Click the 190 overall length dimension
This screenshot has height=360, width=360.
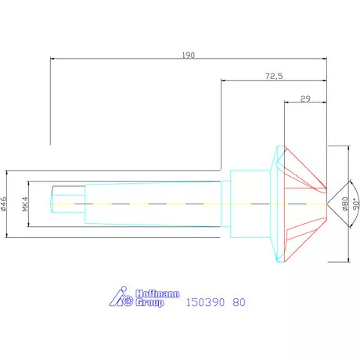click(x=188, y=56)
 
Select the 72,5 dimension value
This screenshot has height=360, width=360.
click(x=274, y=77)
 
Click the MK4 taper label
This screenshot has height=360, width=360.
click(x=25, y=203)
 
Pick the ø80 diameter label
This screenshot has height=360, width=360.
click(x=344, y=203)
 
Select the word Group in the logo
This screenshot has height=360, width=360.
click(x=150, y=303)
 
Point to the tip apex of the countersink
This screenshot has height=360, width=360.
click(x=327, y=203)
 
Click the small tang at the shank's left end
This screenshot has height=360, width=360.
click(x=67, y=203)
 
